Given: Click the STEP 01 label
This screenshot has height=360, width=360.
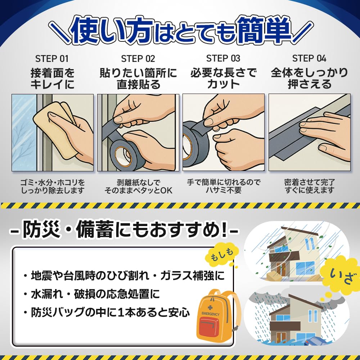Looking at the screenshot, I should (52, 59).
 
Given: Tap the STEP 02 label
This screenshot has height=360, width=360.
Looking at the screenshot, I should (138, 59).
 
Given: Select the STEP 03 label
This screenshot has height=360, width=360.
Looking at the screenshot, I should (223, 59).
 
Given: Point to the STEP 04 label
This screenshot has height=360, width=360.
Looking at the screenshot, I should (309, 59).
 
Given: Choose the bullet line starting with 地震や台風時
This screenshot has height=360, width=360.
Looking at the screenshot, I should (124, 276).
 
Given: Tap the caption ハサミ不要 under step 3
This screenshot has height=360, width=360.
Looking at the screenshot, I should (223, 190).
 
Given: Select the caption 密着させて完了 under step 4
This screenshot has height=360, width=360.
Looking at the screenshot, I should (309, 182).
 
